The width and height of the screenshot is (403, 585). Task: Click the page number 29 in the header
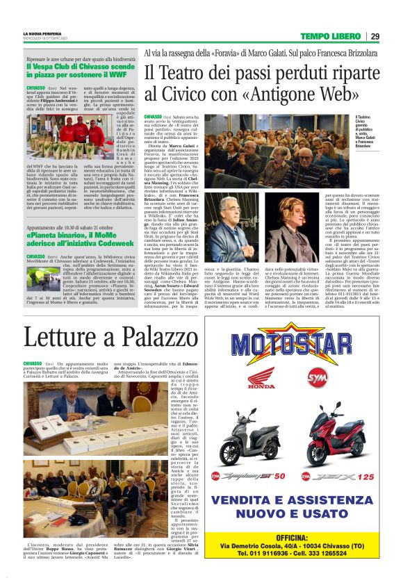click(x=375, y=36)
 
